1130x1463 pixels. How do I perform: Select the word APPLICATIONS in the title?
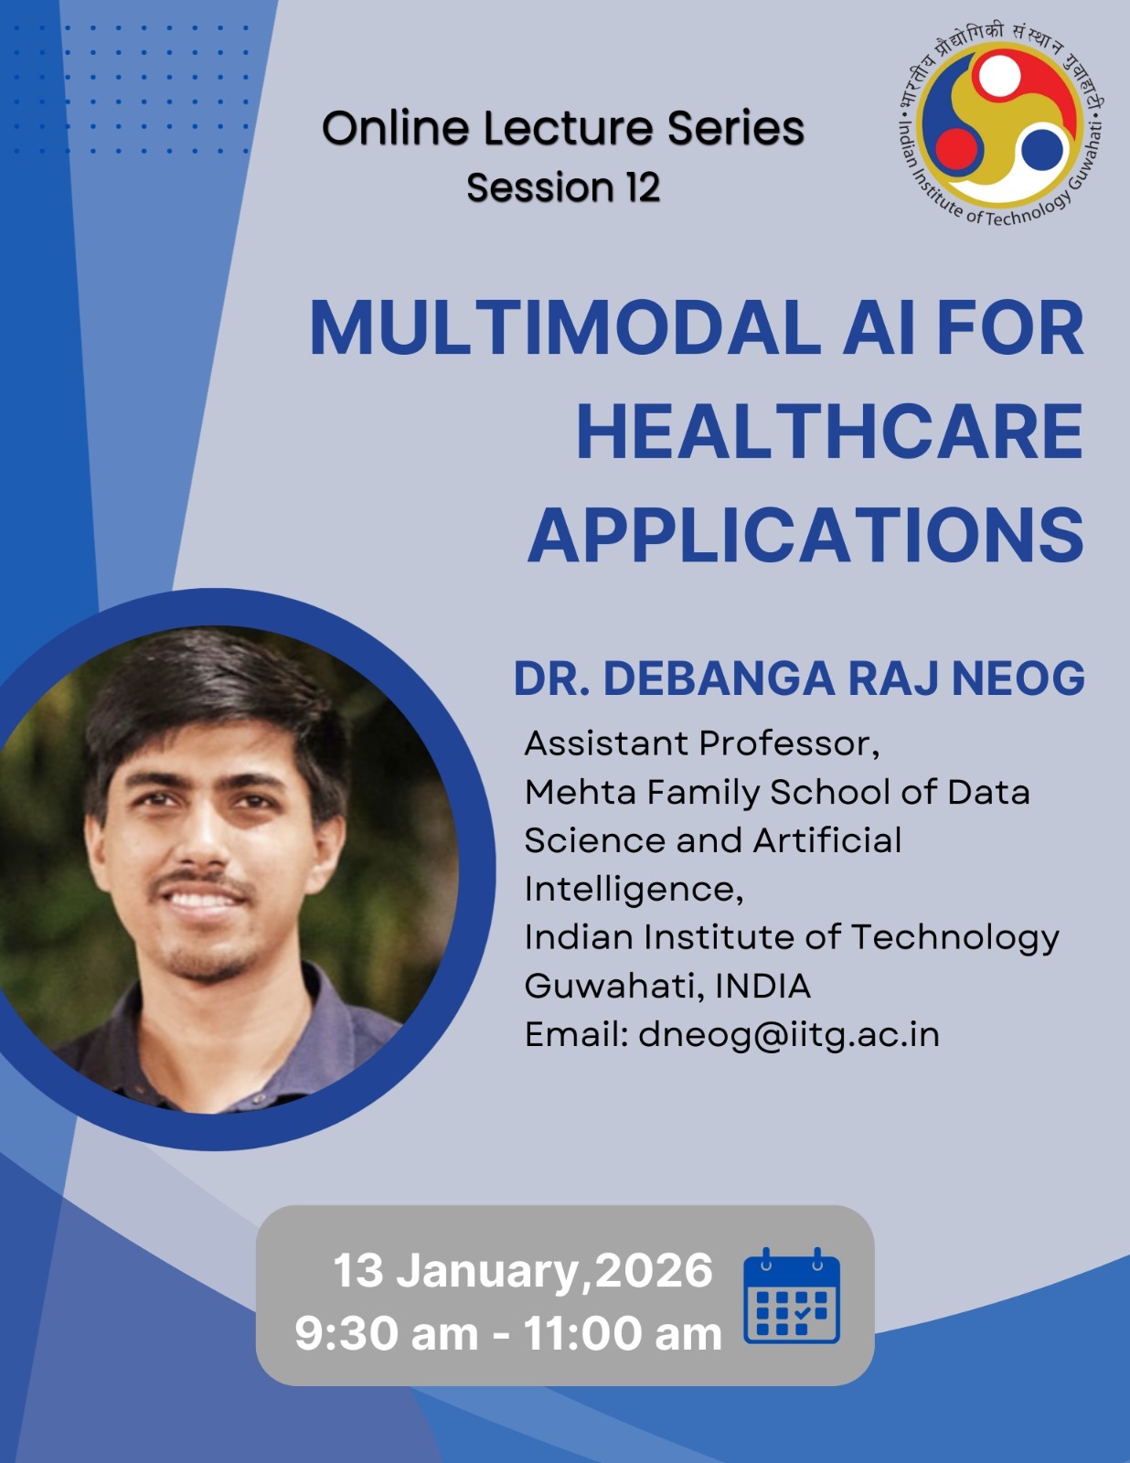[805, 535]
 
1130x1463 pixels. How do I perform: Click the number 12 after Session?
[643, 187]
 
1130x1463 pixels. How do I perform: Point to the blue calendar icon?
[792, 1296]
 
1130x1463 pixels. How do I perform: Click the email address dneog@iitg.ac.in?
[789, 1034]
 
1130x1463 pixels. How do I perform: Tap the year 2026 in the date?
[654, 1270]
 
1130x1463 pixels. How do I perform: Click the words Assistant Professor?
[702, 744]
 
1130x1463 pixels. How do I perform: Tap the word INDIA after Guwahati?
[762, 986]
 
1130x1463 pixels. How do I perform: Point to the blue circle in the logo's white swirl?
[1042, 149]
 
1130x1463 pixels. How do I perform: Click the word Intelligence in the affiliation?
[634, 890]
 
